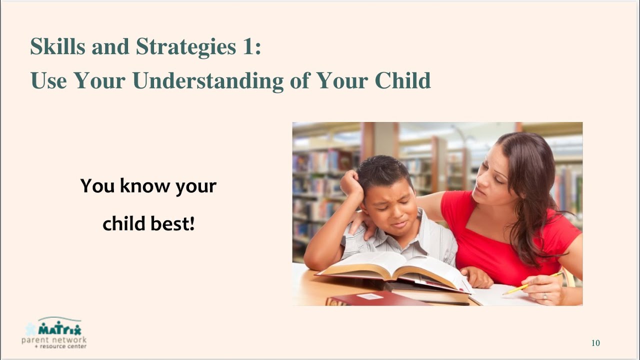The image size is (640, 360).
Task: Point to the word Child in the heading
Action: (402, 80)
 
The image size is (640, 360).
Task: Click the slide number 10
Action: (595, 343)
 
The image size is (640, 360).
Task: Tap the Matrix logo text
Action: (60, 329)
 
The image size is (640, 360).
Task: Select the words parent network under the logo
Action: (54, 340)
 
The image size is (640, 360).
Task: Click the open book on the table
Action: (395, 270)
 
